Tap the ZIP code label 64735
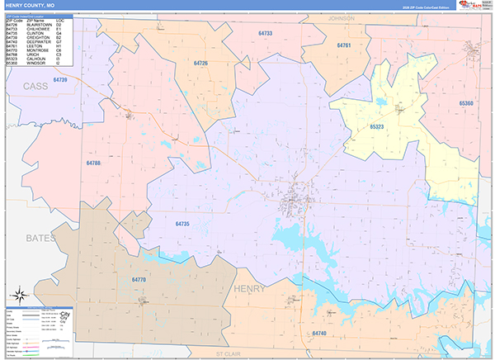point(182,224)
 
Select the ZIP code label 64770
point(139,281)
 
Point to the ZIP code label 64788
point(93,163)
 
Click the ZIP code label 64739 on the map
point(59,79)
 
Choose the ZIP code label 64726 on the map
point(200,64)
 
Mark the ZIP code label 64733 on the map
point(265,33)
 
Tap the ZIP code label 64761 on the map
point(343,45)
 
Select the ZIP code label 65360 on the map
point(466,103)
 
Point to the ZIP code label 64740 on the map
point(319,333)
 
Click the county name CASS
point(35,86)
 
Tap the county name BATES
point(40,238)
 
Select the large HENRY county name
point(250,289)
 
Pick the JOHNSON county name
point(341,17)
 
